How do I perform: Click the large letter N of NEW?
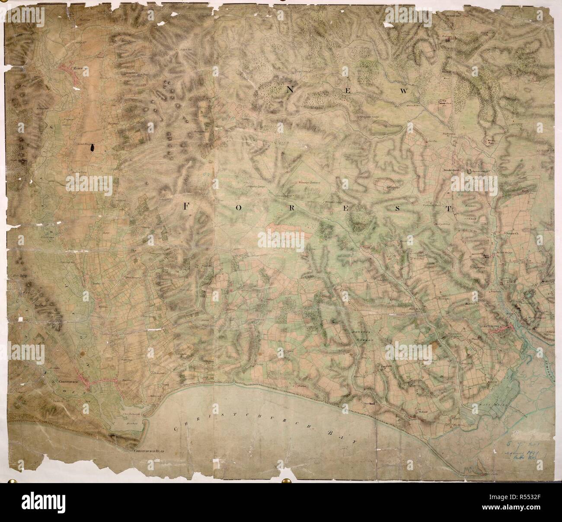tap(290, 89)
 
